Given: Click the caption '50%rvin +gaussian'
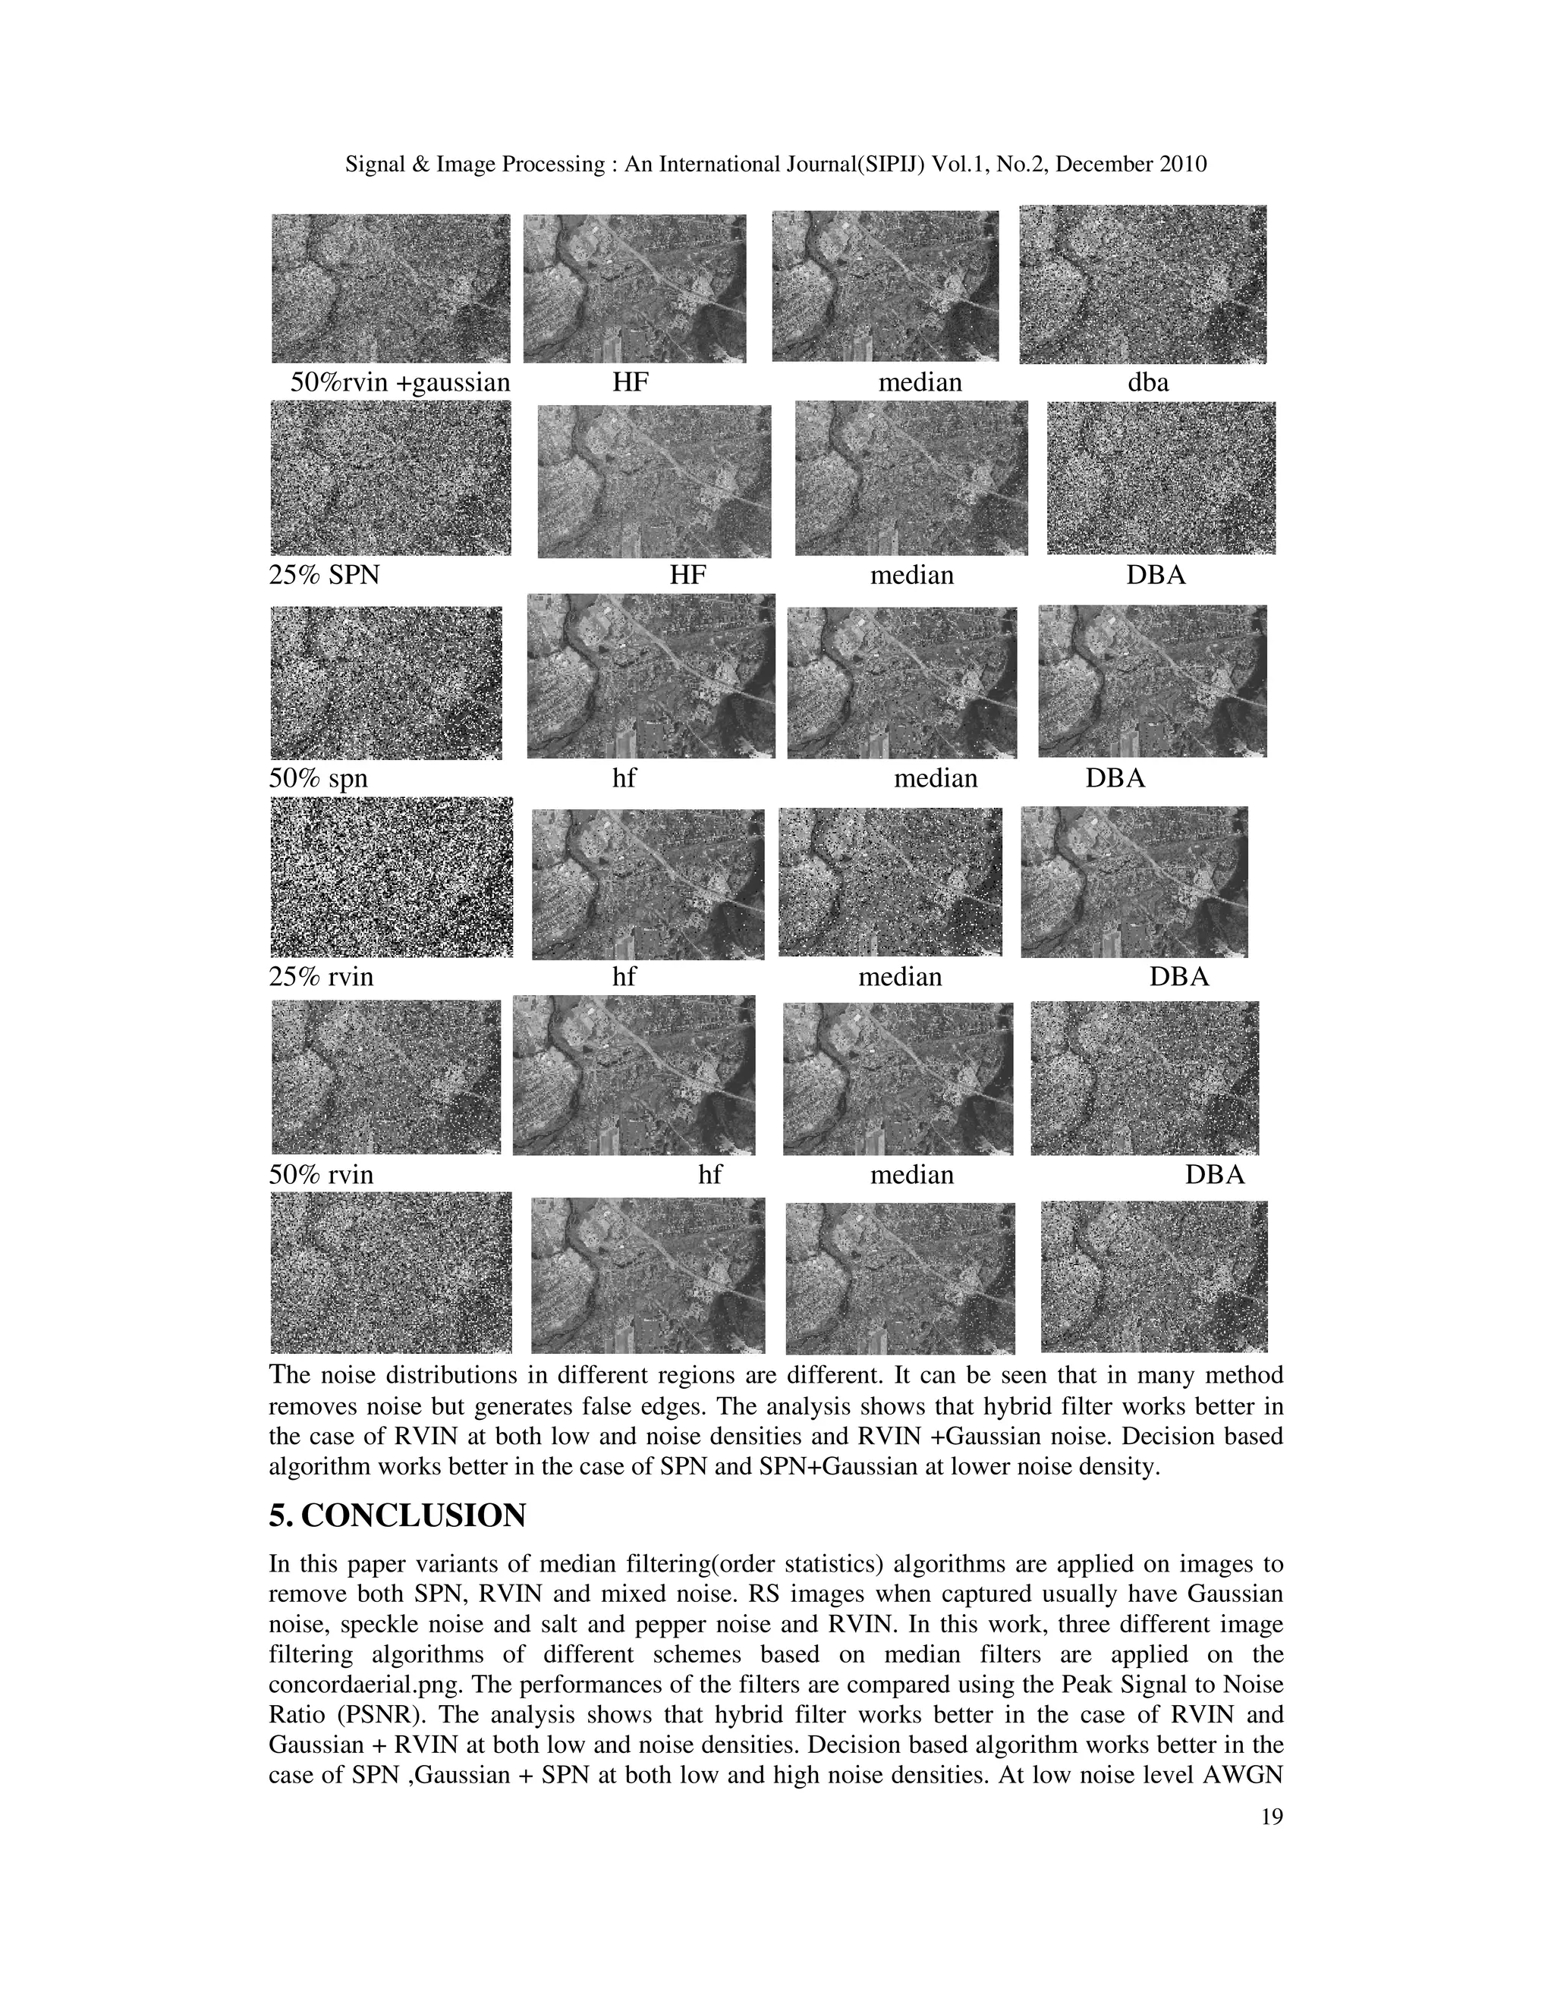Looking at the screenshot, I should point(400,382).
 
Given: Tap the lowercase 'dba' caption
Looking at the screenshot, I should point(1148,382).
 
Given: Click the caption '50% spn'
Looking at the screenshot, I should point(318,779).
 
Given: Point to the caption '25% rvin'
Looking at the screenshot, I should point(321,976).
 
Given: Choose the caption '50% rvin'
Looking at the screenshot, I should point(321,1175).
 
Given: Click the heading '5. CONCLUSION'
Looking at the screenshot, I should point(397,1515).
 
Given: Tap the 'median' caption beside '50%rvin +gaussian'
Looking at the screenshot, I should point(920,382).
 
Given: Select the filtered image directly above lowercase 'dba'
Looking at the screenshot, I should point(1143,284).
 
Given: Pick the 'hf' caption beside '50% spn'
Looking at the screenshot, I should point(624,779).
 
